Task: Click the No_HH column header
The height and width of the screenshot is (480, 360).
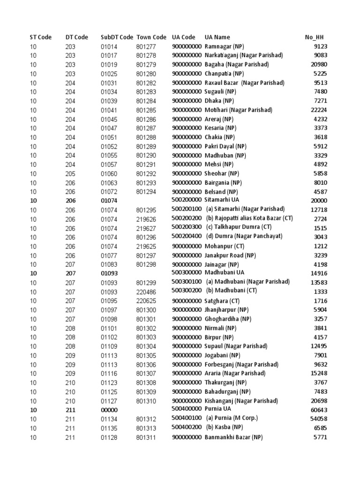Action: pyautogui.click(x=314, y=37)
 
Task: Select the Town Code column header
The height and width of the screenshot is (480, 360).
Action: pyautogui.click(x=151, y=37)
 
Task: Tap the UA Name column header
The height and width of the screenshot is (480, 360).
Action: pyautogui.click(x=217, y=37)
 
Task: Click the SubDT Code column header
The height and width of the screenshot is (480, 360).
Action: pyautogui.click(x=117, y=37)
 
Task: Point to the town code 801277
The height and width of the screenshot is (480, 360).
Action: pyautogui.click(x=146, y=46)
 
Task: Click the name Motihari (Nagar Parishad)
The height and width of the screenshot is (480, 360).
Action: pyautogui.click(x=238, y=110)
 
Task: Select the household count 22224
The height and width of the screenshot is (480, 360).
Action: pyautogui.click(x=319, y=110)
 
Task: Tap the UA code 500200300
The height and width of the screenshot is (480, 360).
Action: pyautogui.click(x=187, y=227)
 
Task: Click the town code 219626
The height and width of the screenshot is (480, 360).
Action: pyautogui.click(x=146, y=219)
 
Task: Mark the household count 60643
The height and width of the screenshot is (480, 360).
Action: pyautogui.click(x=319, y=410)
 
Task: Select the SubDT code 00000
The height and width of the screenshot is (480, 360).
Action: pyautogui.click(x=109, y=410)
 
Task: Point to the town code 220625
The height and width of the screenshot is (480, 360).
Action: pyautogui.click(x=146, y=301)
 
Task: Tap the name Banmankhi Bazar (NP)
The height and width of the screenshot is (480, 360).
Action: pyautogui.click(x=233, y=437)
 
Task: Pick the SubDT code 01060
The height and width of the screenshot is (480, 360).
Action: pyautogui.click(x=109, y=173)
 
